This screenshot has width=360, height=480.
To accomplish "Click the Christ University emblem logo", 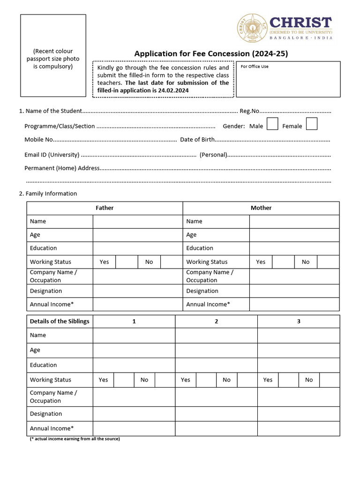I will point(252,28).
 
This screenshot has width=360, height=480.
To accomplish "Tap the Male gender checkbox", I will point(272,124).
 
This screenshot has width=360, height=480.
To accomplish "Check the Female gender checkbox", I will point(312,124).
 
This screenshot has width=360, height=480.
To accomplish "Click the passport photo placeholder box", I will point(53,55).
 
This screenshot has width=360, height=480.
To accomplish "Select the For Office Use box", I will point(288,79).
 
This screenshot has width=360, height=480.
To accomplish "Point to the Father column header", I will point(105,208).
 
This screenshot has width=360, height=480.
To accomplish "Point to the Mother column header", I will point(261,208).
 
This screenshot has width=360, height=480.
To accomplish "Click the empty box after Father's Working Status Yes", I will point(127,262).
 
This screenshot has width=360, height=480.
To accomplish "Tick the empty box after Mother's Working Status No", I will point(328,262).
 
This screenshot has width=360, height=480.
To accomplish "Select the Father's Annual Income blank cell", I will point(138,305).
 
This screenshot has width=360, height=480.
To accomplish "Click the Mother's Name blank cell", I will point(294,222).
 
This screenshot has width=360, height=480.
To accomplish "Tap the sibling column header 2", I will point(216,322).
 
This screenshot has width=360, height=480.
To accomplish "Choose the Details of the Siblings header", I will point(60,322).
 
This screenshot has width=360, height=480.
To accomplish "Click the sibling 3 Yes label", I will point(268,380).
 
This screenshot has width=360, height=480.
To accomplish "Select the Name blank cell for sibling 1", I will point(134,336).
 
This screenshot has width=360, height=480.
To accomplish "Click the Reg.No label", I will point(249,111).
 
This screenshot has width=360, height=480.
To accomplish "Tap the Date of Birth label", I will point(197,140).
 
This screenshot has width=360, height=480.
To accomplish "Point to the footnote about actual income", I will point(75,439).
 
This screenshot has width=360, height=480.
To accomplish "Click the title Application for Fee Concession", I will point(211,54).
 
